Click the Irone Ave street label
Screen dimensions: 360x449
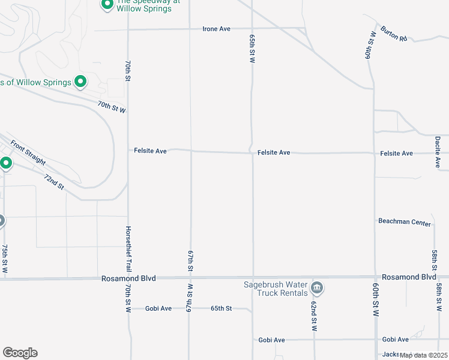[x=217, y=29]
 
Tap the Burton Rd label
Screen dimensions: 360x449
[x=393, y=33]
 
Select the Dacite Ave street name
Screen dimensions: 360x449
[x=438, y=152]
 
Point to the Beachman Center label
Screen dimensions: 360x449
[x=405, y=222]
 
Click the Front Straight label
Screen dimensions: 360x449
[x=28, y=152]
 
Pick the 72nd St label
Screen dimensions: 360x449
[x=54, y=182]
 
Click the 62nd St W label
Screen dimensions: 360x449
[x=313, y=316]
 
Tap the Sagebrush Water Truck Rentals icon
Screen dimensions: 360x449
[x=318, y=289]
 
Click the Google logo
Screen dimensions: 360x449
[x=20, y=353]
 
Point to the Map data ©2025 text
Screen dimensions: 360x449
[x=424, y=355]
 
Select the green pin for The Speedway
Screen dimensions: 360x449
[x=107, y=5]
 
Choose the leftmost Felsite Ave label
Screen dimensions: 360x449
[x=151, y=151]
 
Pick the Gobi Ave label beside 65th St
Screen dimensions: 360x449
[x=158, y=308]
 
